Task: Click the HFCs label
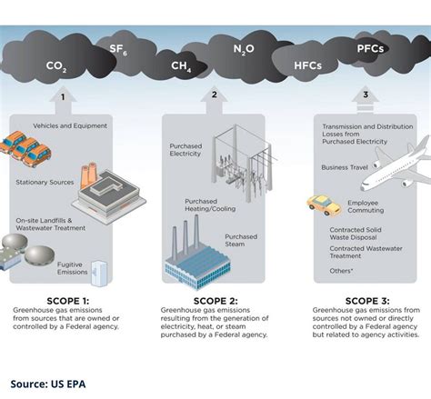tap(308, 65)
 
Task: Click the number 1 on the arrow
tap(63, 96)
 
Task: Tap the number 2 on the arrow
tap(215, 95)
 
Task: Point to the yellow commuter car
tap(324, 204)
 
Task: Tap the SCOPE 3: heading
tap(366, 301)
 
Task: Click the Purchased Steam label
tap(241, 241)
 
